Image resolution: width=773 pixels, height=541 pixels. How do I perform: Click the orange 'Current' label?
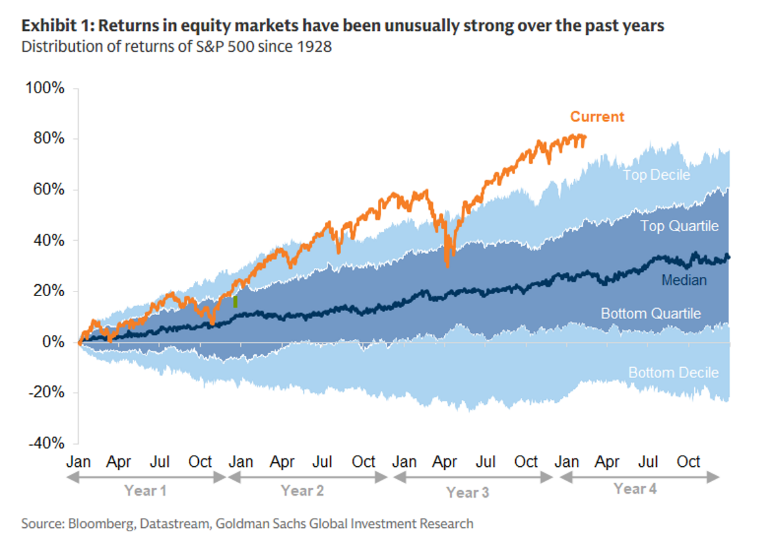(x=597, y=117)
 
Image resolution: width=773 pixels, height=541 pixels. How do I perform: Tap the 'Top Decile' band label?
(x=656, y=175)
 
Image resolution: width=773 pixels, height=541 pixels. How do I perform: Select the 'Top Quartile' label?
(x=679, y=227)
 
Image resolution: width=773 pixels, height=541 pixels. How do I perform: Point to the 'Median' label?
(x=684, y=280)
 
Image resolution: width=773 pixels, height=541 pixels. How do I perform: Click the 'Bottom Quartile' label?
(x=651, y=314)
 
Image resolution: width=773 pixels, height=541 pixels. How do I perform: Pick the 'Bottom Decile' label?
(x=673, y=373)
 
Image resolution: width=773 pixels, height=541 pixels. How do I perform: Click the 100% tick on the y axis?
(x=45, y=88)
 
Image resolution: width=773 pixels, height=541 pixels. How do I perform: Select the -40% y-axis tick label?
(x=45, y=444)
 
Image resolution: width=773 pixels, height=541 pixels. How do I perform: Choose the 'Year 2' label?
(x=303, y=490)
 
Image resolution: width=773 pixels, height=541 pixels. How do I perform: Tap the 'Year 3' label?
(x=467, y=492)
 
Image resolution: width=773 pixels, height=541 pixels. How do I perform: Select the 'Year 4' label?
(x=635, y=488)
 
